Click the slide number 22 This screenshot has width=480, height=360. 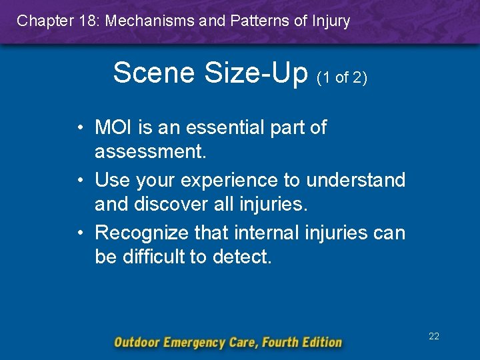[434, 337]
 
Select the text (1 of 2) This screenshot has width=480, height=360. [342, 77]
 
